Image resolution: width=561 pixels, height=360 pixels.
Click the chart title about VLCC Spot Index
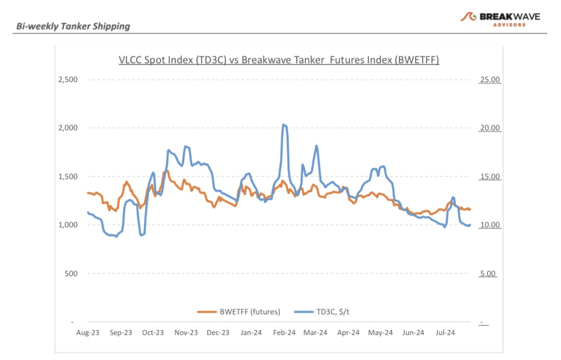279,60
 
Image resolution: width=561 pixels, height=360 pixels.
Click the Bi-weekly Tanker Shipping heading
73,26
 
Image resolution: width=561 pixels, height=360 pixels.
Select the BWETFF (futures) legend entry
239,311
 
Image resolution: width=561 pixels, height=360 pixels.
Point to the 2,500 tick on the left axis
67,80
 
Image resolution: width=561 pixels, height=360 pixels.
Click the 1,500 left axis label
67,177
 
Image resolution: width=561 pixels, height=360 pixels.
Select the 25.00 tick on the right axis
489,80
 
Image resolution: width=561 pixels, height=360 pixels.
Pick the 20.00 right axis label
489,128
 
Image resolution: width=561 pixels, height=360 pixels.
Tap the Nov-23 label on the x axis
185,333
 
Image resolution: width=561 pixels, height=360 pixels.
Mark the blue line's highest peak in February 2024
284,125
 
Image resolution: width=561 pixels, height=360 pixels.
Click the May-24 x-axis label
380,333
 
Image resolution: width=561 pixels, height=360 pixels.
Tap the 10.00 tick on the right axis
489,225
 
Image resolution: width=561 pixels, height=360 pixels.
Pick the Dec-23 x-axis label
218,333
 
